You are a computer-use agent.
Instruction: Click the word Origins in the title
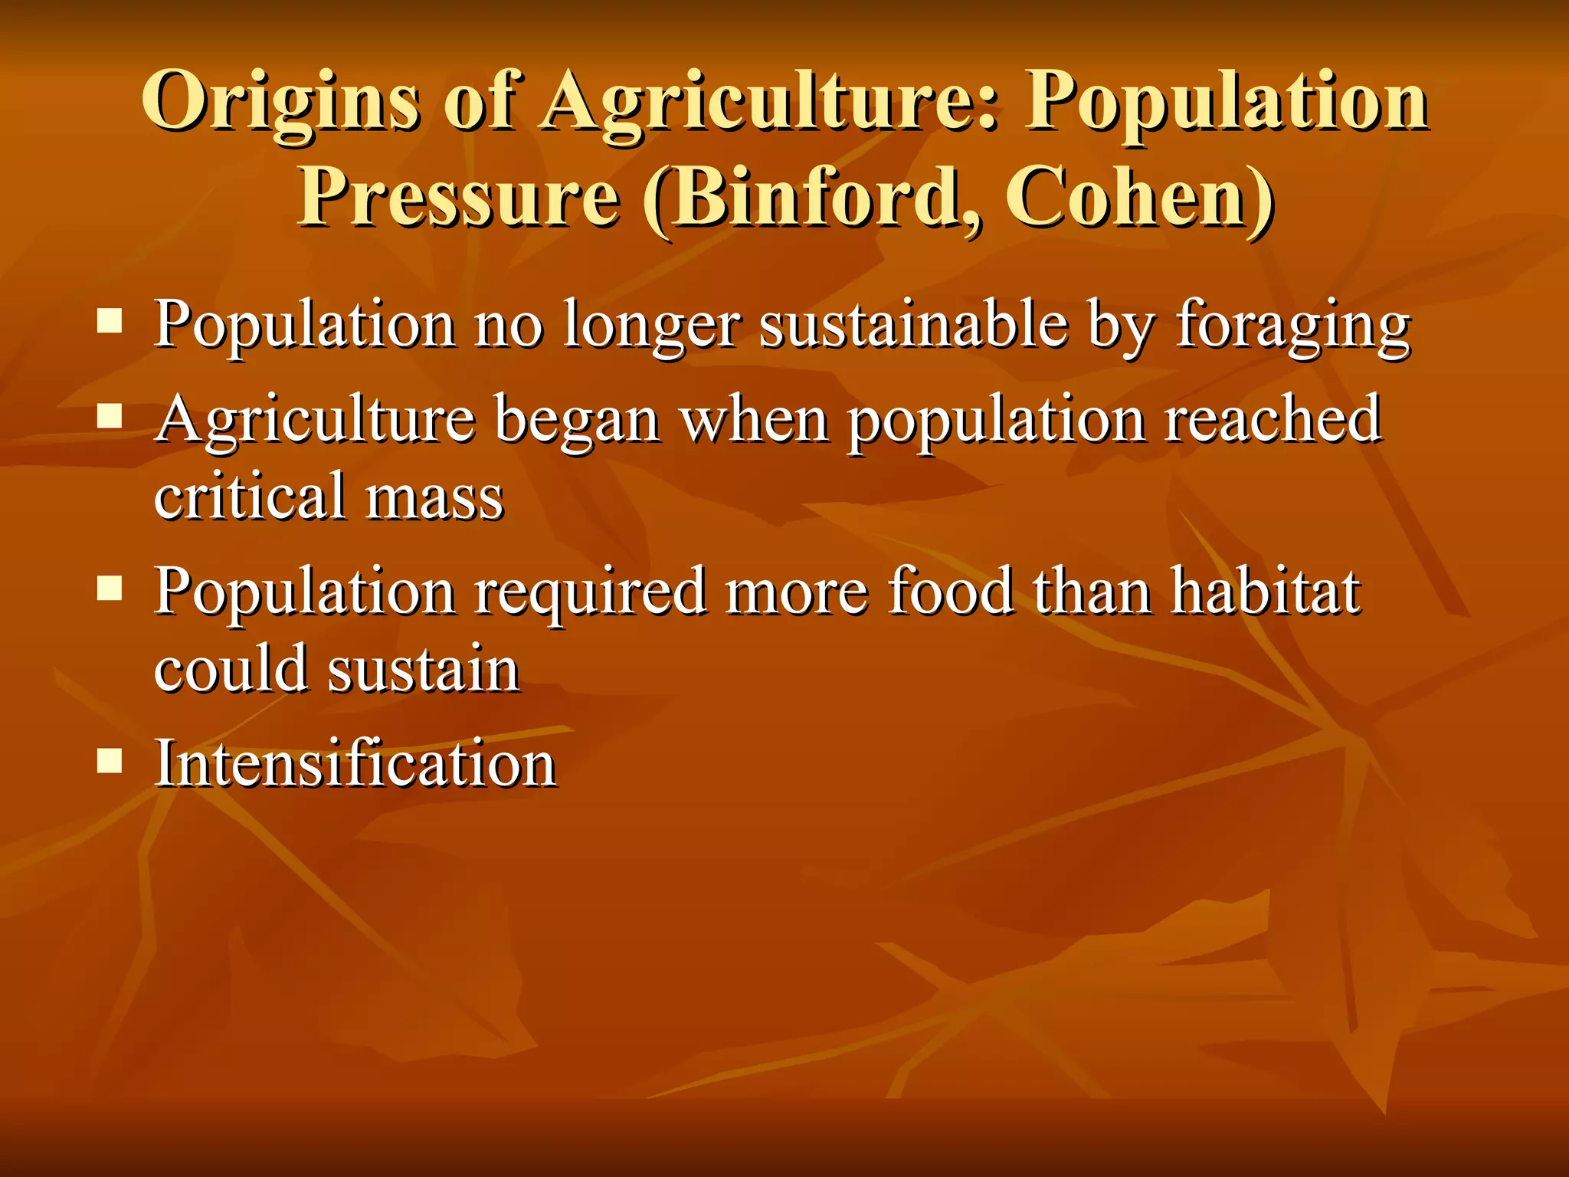click(280, 102)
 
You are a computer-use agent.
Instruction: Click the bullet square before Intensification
click(110, 761)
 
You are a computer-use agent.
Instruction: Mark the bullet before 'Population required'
click(110, 588)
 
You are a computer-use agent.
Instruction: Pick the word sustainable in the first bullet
click(913, 324)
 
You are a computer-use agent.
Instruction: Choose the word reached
click(1273, 420)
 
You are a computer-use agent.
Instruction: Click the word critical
click(250, 497)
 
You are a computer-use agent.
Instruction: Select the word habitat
click(1266, 592)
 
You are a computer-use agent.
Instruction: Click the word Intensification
click(355, 764)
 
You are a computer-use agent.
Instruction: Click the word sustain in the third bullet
click(424, 669)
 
